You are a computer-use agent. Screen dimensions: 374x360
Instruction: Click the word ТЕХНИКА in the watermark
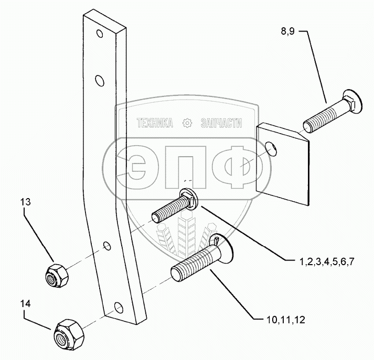(x=155, y=124)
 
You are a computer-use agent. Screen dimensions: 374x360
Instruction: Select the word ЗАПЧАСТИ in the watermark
(x=221, y=124)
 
